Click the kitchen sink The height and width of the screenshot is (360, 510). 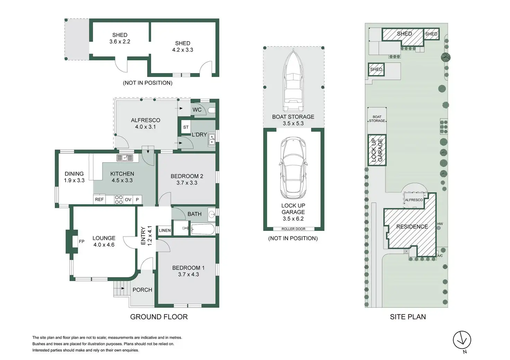click(x=125, y=157)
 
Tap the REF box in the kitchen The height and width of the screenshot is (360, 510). click(x=99, y=199)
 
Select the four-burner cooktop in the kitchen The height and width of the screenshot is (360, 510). click(x=119, y=199)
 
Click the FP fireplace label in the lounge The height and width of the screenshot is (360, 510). click(x=81, y=242)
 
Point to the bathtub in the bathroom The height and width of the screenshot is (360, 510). click(x=203, y=229)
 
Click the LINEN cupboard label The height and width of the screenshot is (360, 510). click(x=165, y=231)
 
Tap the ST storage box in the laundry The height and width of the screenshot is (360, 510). click(x=186, y=127)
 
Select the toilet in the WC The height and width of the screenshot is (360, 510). click(x=211, y=110)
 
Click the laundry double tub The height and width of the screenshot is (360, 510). click(x=212, y=139)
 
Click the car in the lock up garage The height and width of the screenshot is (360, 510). click(x=293, y=168)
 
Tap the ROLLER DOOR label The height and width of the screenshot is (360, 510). click(x=293, y=229)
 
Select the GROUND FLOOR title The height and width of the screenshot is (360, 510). click(x=159, y=317)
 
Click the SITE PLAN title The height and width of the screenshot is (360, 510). click(x=408, y=317)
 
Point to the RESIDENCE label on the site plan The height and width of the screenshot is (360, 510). click(x=412, y=227)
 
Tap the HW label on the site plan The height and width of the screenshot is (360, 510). click(x=440, y=224)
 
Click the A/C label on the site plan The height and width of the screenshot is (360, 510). click(x=440, y=256)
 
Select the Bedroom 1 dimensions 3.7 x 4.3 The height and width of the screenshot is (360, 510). click(x=188, y=274)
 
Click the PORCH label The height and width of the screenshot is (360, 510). click(x=142, y=290)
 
